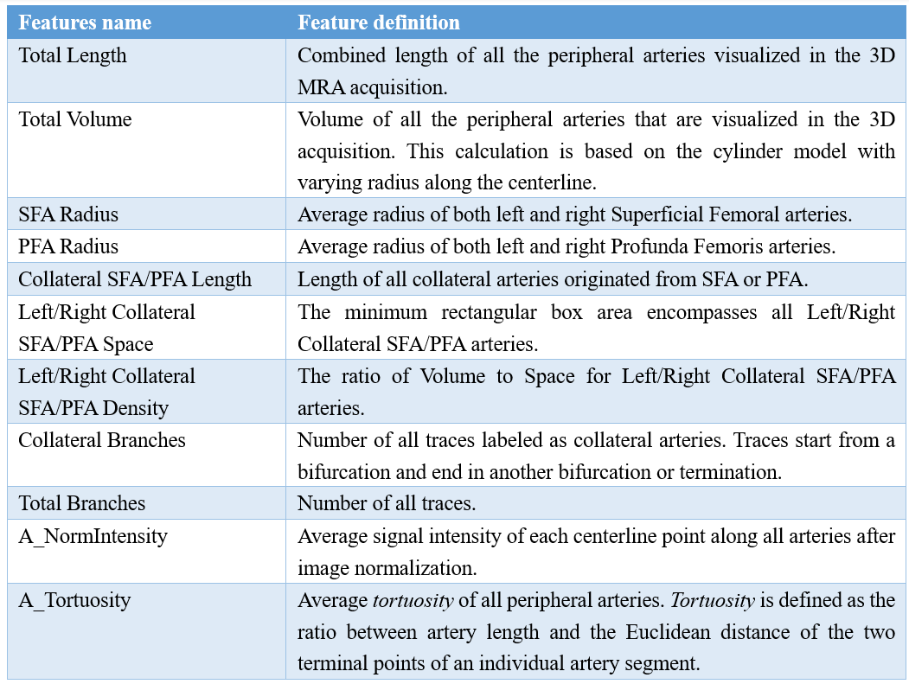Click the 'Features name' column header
(x=85, y=22)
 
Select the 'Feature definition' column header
(x=379, y=22)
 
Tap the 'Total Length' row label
(x=73, y=55)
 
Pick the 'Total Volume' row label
(x=75, y=119)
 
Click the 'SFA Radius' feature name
(x=68, y=214)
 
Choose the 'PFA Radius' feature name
(x=68, y=246)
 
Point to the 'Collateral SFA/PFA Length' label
(x=135, y=279)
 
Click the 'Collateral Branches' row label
(x=102, y=439)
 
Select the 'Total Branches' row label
(x=82, y=503)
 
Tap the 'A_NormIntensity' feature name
(x=93, y=536)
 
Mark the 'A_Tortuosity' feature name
(x=74, y=600)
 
